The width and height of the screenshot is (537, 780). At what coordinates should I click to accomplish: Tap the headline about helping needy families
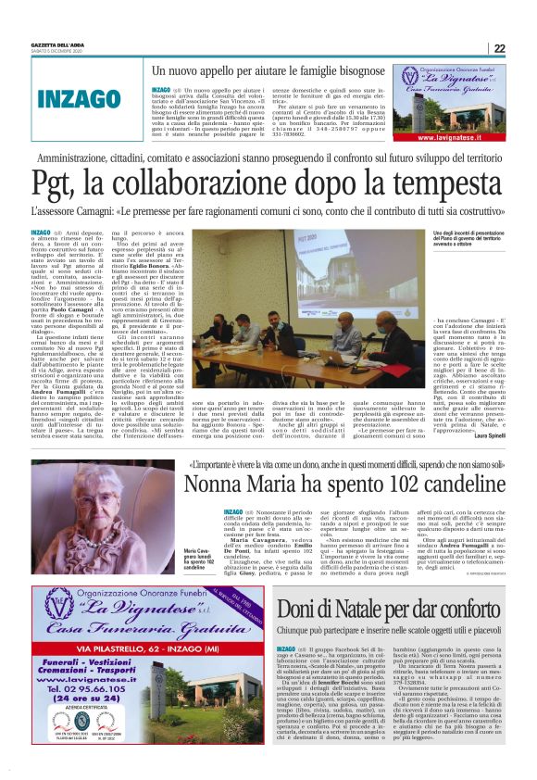pos(268,70)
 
